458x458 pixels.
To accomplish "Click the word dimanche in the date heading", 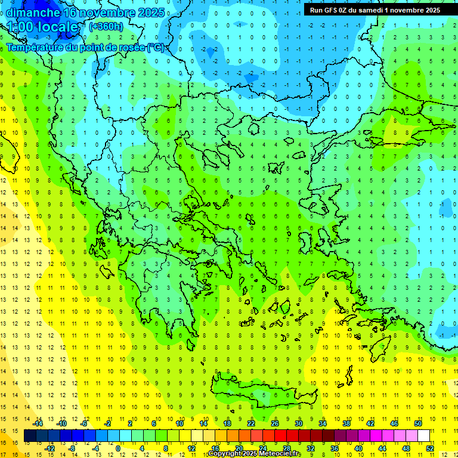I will [33, 13].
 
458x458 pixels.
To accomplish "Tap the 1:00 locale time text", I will [42, 27].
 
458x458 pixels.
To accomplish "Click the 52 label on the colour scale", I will [429, 448].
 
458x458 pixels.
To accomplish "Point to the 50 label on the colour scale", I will [418, 423].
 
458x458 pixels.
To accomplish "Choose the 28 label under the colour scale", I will [286, 448].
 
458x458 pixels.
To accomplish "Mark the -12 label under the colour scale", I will [49, 448].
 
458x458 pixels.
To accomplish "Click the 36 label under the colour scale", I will [334, 448].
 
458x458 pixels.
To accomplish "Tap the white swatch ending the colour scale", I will [423, 436].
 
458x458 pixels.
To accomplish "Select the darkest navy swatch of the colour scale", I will [30, 436].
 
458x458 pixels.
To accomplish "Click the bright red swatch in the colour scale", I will [280, 436].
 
